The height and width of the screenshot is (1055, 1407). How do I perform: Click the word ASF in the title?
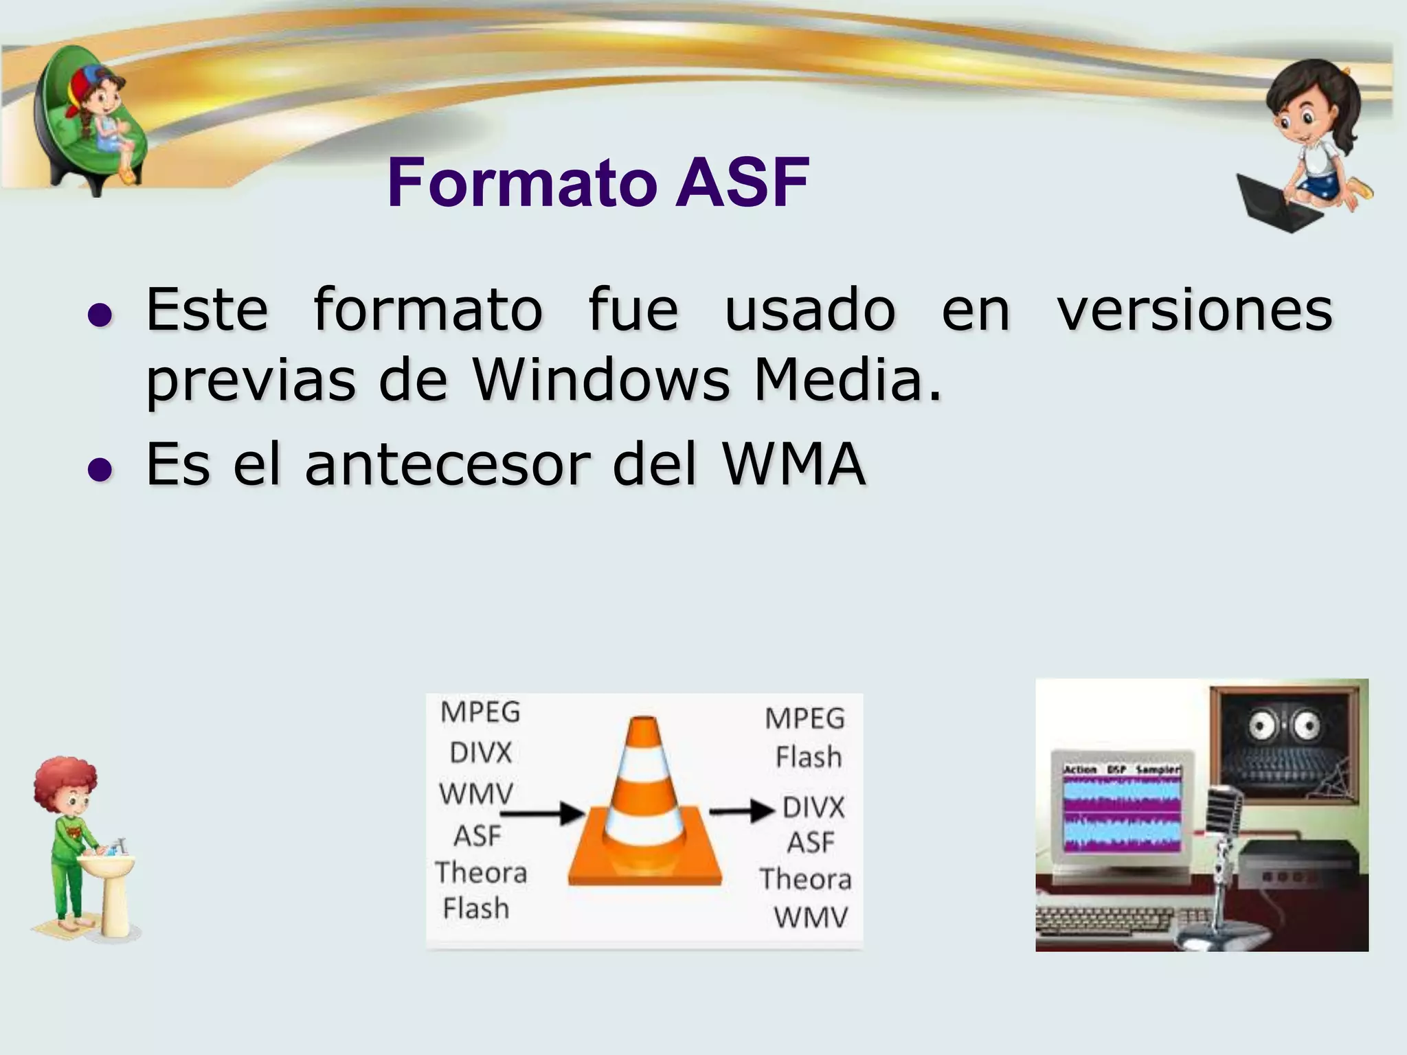click(742, 183)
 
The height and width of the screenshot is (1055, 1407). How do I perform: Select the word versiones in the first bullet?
click(1195, 310)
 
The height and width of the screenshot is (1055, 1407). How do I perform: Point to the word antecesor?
click(448, 464)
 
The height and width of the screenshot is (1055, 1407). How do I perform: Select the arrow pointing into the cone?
click(542, 813)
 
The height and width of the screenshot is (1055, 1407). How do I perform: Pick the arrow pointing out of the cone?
click(742, 810)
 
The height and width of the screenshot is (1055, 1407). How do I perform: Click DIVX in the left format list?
click(481, 753)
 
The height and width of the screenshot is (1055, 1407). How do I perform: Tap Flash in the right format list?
click(809, 758)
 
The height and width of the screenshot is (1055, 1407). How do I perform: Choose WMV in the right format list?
click(811, 918)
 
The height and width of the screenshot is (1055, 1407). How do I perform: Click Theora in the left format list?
click(481, 873)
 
